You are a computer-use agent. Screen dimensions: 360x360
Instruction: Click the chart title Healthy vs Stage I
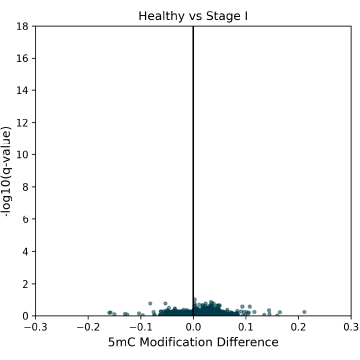point(193,15)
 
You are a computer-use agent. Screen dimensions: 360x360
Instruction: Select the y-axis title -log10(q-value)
point(8,171)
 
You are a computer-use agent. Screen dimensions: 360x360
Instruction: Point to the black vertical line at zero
point(193,150)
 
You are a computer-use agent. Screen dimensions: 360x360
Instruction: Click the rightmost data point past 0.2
point(304,311)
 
